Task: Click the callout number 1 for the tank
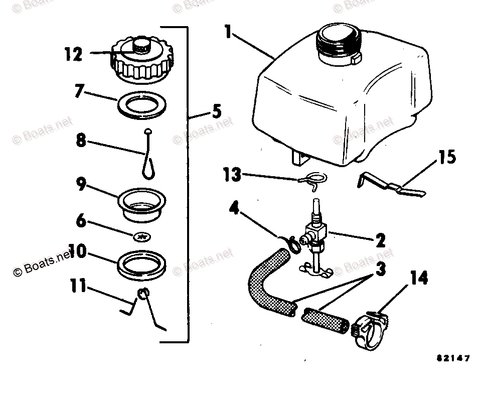pos(228,33)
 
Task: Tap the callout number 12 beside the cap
pos(73,54)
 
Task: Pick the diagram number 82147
pos(452,358)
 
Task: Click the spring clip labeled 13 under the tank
pos(313,180)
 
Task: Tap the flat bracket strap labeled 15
pos(391,186)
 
